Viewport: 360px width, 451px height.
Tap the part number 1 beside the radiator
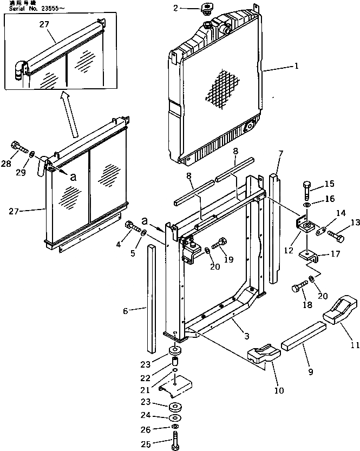pyautogui.click(x=296, y=67)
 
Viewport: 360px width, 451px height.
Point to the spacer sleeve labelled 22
pyautogui.click(x=176, y=361)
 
